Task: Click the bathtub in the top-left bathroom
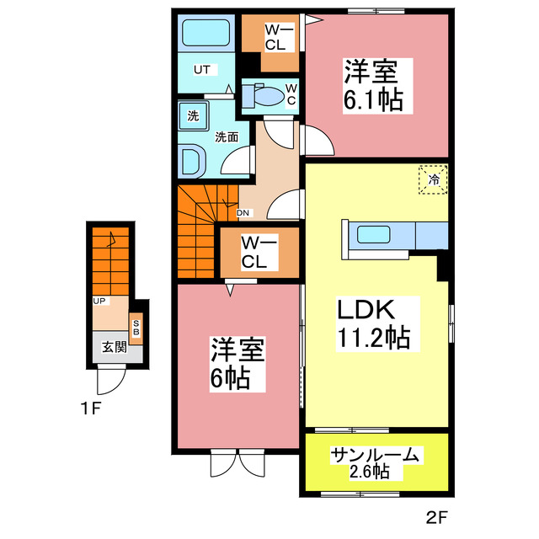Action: [206, 33]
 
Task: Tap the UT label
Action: [202, 69]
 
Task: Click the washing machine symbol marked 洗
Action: [193, 116]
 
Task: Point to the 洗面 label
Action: [225, 136]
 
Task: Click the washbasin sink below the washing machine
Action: [193, 160]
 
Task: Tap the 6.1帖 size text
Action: [372, 99]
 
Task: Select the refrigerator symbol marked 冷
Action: [434, 179]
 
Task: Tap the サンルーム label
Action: [374, 455]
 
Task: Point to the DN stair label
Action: [243, 213]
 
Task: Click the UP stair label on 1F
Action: [99, 300]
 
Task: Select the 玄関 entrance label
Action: [115, 346]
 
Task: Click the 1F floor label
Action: [91, 412]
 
